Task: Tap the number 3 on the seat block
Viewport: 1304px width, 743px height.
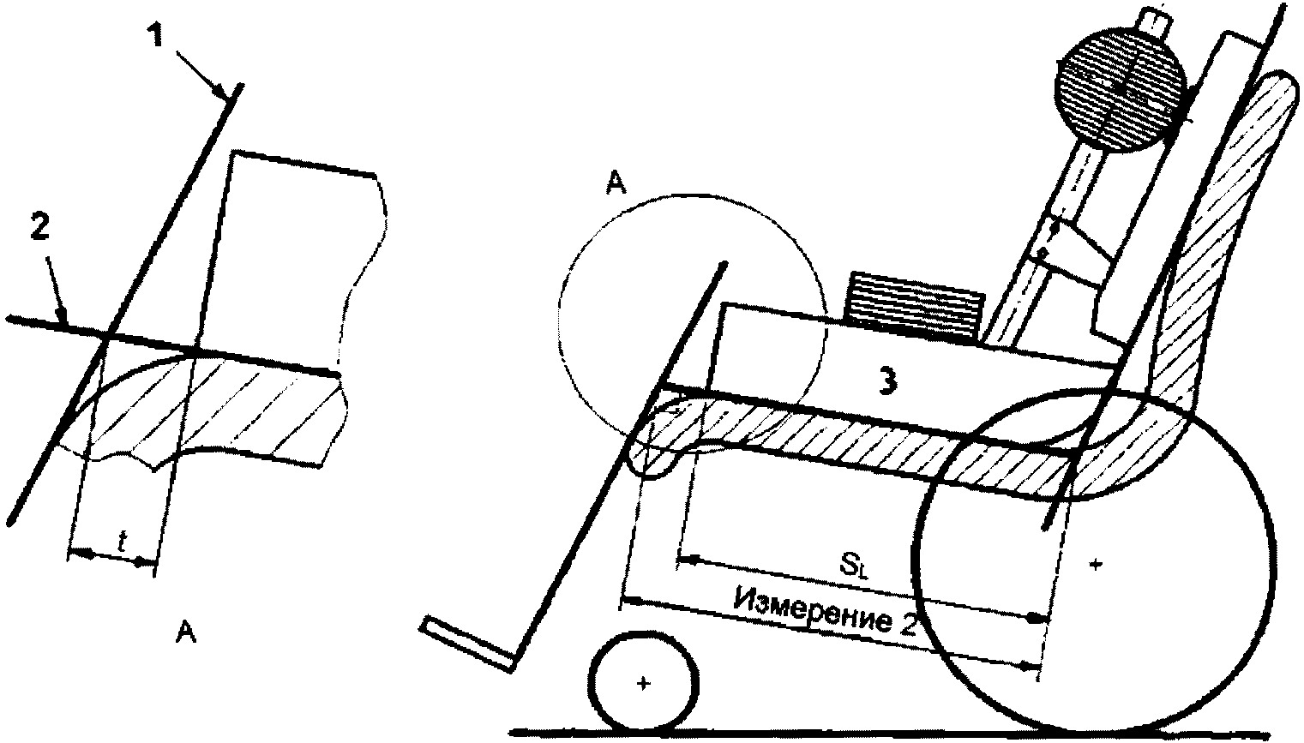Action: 888,382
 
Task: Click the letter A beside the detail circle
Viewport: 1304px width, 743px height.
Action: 614,185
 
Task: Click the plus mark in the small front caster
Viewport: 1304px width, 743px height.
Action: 643,683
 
